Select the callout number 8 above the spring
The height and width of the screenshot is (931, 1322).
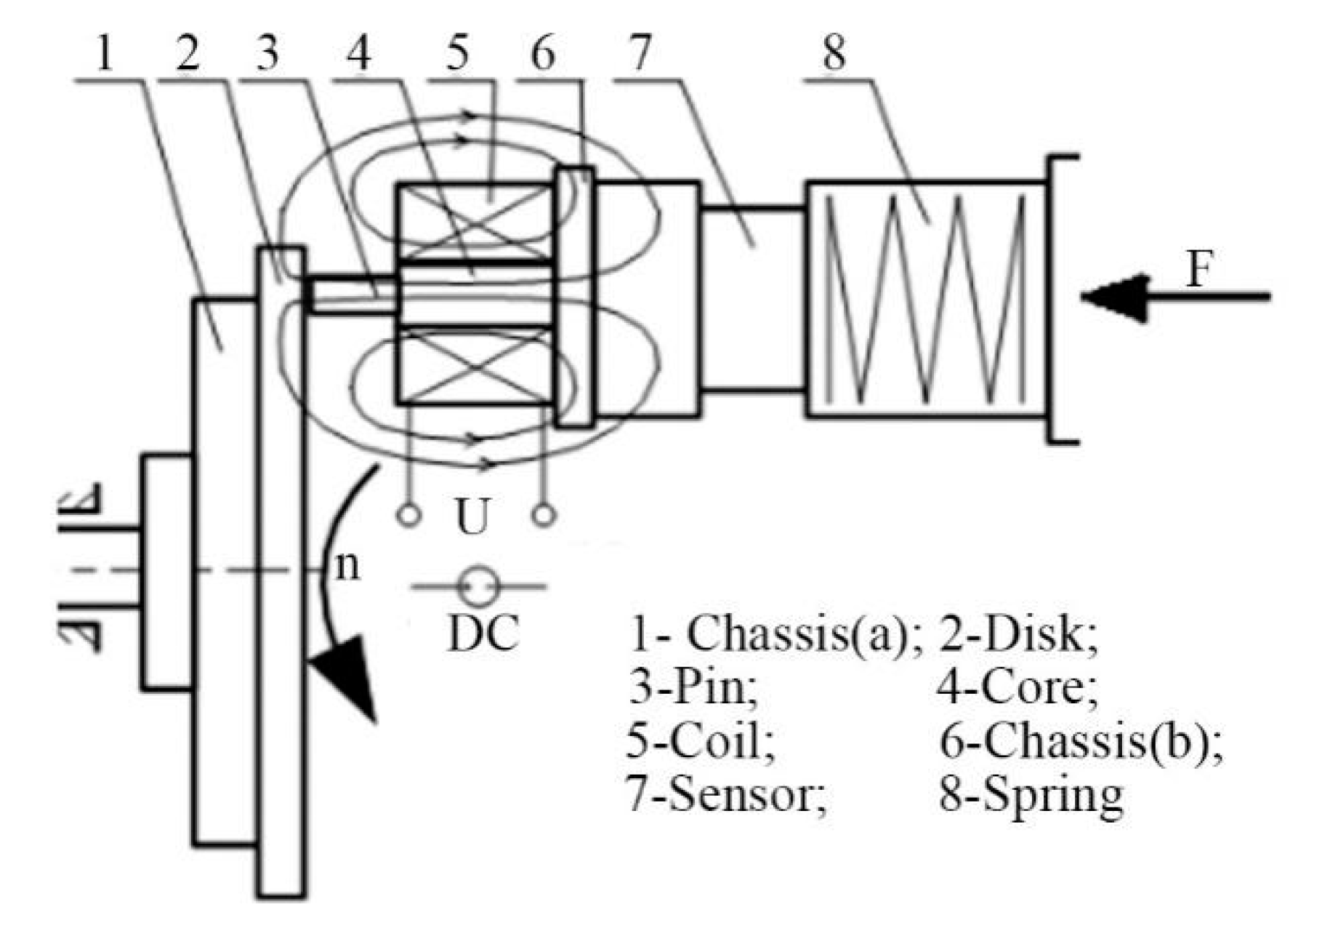(834, 52)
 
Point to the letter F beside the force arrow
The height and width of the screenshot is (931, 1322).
(1200, 270)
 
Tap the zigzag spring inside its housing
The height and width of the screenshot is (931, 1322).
(927, 298)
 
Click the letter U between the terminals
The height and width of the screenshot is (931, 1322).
(472, 516)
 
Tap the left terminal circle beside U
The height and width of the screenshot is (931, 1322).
(409, 516)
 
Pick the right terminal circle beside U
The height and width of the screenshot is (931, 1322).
(544, 516)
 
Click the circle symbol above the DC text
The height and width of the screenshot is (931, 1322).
(480, 586)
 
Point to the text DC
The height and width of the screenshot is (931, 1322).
(483, 633)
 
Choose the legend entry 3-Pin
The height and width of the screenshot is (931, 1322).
(694, 687)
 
